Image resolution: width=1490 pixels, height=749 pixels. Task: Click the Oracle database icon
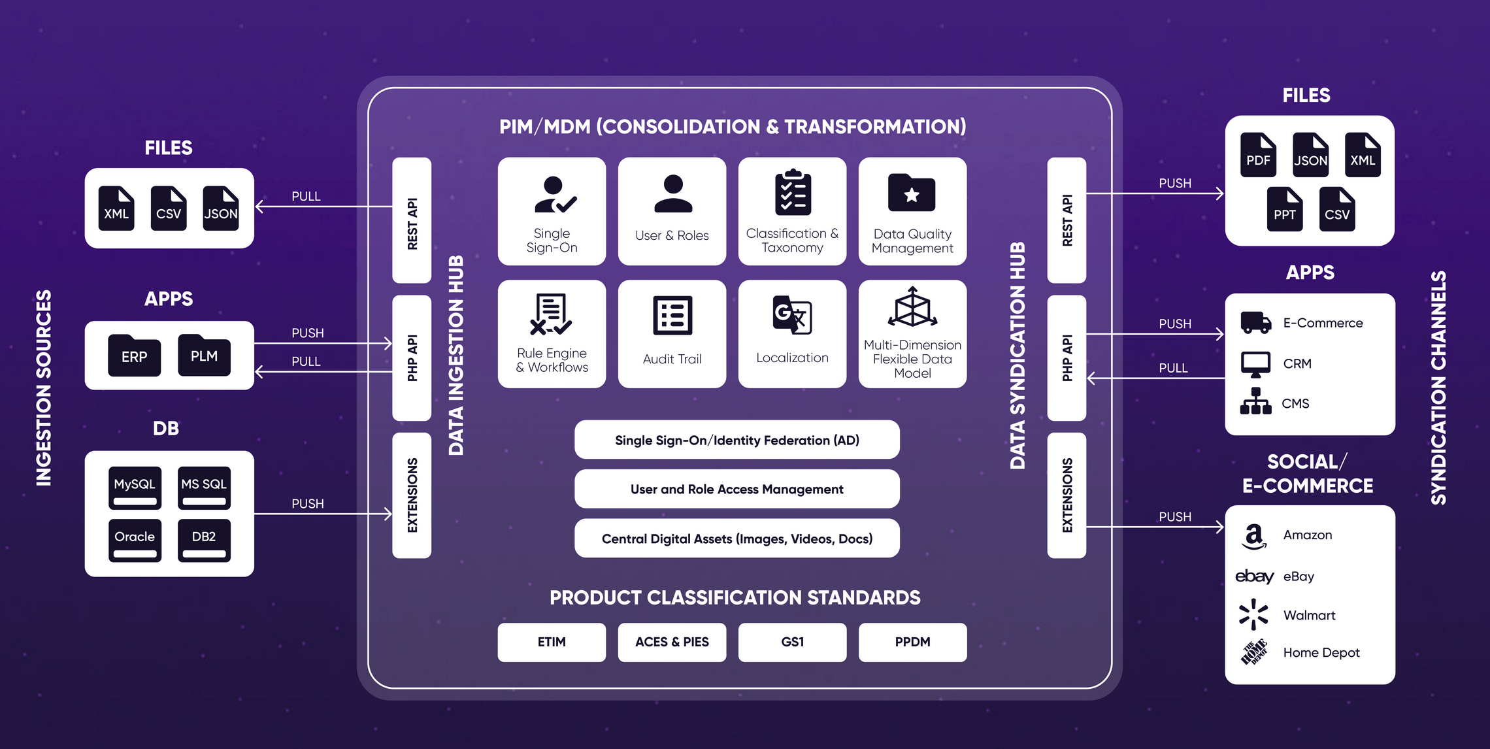point(135,540)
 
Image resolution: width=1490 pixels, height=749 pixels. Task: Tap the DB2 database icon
point(204,540)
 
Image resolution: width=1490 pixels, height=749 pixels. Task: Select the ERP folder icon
point(135,356)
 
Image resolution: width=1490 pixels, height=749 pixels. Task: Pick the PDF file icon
point(1258,156)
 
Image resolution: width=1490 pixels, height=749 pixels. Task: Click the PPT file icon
point(1284,210)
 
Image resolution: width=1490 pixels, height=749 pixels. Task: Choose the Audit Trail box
point(672,334)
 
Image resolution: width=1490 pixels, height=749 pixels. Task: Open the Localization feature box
point(792,334)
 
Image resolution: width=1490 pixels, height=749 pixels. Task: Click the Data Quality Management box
point(912,211)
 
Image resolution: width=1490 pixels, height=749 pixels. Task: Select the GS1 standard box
point(792,642)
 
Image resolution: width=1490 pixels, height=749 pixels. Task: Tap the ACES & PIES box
point(672,642)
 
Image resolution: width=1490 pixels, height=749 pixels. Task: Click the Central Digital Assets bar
point(737,539)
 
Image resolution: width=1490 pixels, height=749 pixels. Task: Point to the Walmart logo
point(1253,614)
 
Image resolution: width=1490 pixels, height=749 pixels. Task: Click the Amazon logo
point(1253,536)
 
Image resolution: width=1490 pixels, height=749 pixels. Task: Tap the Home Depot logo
point(1253,652)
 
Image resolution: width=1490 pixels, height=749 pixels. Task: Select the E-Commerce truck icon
point(1255,323)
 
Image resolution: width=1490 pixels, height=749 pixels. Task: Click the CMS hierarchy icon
point(1255,402)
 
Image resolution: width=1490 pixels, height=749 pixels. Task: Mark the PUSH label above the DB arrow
point(307,504)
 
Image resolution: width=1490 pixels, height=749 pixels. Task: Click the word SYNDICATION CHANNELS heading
point(1438,388)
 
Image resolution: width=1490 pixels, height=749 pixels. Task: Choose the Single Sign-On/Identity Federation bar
point(737,440)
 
